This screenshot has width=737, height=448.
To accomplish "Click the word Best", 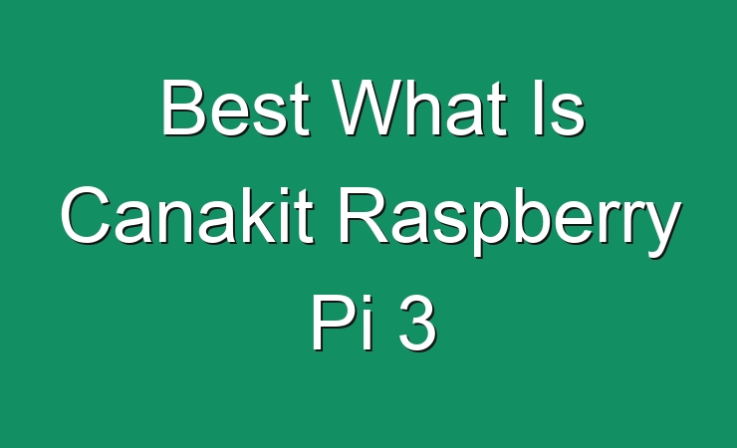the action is [x=235, y=108].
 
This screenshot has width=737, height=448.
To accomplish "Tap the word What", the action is [x=419, y=108].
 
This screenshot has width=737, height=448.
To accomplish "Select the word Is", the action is [x=559, y=108].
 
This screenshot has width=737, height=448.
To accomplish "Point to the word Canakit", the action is [x=187, y=215].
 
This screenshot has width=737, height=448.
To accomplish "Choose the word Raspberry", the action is [x=510, y=222].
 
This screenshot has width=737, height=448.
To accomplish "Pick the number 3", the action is [x=418, y=323].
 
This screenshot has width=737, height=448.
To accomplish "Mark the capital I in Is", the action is [x=537, y=107].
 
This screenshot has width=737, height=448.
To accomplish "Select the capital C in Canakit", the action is [x=85, y=215].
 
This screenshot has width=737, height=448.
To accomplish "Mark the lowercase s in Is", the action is [x=567, y=114].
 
